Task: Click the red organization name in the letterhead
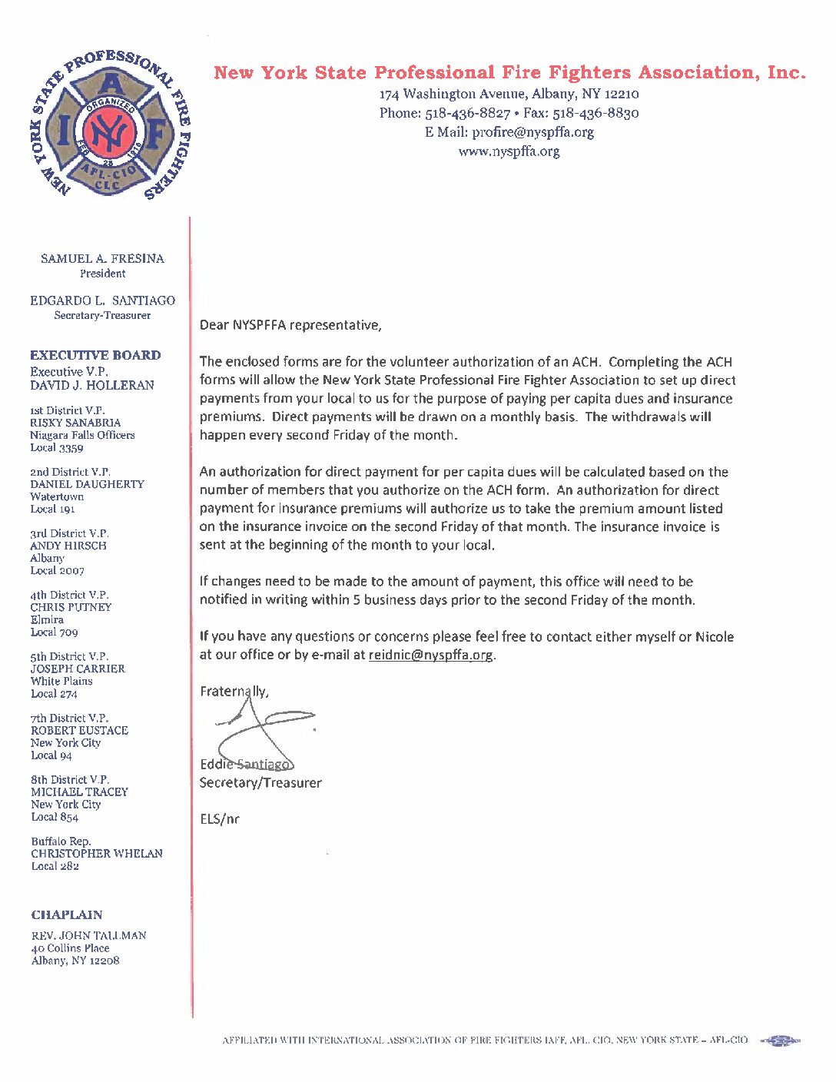point(509,73)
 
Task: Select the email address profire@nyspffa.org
point(532,132)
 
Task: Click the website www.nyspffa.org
point(509,151)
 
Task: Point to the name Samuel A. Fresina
point(102,259)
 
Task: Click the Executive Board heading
point(95,355)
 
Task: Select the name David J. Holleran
point(92,385)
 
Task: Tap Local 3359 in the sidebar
point(57,448)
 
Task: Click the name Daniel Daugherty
point(87,484)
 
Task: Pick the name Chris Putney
point(71,607)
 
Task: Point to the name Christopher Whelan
point(97,854)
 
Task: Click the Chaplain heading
point(67,914)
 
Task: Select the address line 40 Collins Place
point(70,948)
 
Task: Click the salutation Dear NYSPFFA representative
point(290,325)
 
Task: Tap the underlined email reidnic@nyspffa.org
point(430,656)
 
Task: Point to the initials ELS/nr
point(220,819)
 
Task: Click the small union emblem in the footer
point(781,1041)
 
